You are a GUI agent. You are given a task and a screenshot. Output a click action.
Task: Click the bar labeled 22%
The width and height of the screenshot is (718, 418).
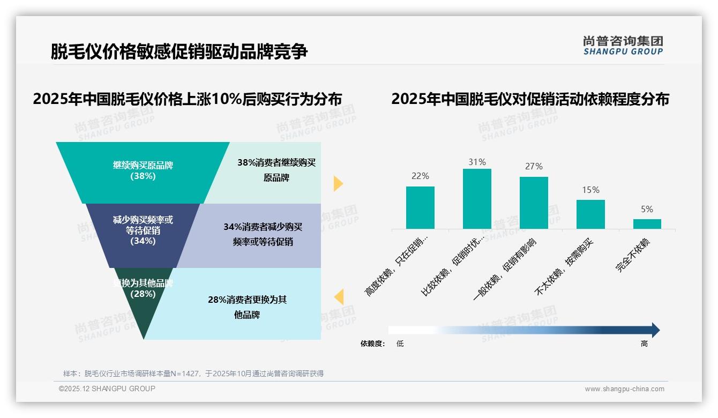coord(420,207)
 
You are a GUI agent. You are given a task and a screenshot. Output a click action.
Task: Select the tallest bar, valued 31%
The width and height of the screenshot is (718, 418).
coord(477,199)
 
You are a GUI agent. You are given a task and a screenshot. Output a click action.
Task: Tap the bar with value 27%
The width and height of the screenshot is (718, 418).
coord(534,203)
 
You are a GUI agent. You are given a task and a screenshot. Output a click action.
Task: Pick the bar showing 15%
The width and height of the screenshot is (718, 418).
coord(590,214)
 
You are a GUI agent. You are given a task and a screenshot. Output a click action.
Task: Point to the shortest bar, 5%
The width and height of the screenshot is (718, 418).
coord(647,223)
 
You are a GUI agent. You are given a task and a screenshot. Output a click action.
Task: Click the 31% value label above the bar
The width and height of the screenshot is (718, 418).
coord(477,162)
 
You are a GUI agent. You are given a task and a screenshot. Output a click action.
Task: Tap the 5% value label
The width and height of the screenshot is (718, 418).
coord(647,210)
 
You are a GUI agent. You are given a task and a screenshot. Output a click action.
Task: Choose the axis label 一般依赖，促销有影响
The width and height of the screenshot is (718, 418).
coord(506,269)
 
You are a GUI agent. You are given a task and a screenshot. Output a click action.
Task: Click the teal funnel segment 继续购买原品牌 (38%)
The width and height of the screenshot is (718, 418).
coord(143,170)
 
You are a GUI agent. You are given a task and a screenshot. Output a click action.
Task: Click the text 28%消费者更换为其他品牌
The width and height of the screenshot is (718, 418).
coord(247,307)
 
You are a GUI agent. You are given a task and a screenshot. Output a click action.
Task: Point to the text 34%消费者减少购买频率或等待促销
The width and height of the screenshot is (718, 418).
coord(263,234)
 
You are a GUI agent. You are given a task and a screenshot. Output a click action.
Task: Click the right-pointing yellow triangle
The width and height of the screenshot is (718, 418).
coord(338,183)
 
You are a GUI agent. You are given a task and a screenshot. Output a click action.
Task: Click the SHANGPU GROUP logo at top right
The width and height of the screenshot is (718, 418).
coord(623,46)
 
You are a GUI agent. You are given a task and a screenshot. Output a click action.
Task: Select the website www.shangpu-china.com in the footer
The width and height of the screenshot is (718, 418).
coord(624,389)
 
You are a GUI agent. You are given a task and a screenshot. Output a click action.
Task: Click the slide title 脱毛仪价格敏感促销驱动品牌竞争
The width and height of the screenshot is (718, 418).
coord(179,52)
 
